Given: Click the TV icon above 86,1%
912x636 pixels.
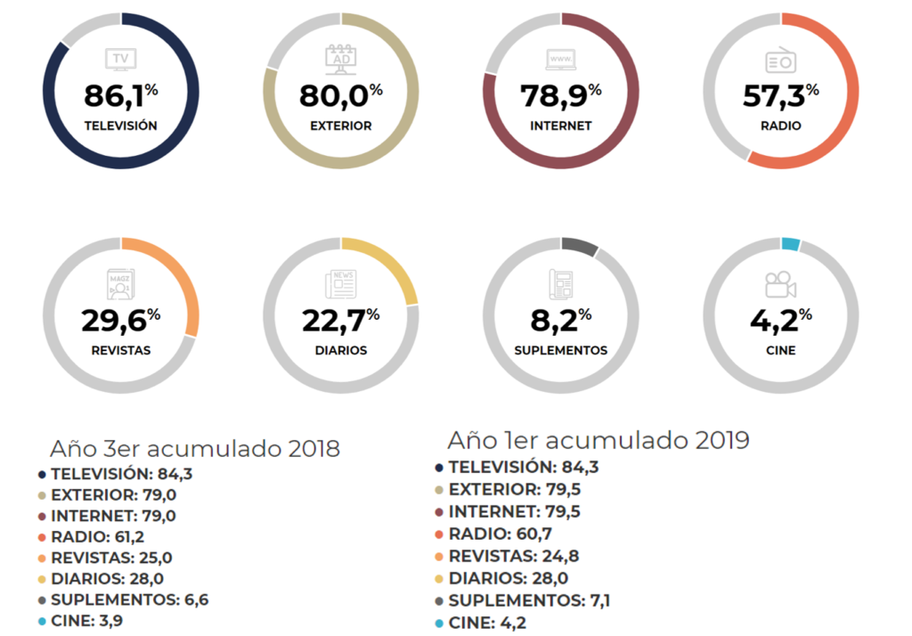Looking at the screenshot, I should [x=121, y=60].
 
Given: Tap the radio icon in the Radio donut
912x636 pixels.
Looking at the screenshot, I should [x=780, y=60].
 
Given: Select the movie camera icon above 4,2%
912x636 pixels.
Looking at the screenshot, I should [x=780, y=284].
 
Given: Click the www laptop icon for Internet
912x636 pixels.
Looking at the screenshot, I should [x=561, y=60].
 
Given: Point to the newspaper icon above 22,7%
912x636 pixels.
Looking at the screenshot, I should [x=340, y=284].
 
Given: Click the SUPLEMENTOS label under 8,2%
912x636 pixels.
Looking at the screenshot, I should [x=561, y=350].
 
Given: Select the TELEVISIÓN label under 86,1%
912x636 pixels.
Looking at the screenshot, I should [x=121, y=126].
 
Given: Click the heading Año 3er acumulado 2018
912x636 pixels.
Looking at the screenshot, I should [x=195, y=448].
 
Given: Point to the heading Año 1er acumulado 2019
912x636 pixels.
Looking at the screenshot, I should [x=598, y=440].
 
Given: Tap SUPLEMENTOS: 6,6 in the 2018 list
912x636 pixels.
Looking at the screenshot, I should [x=129, y=599].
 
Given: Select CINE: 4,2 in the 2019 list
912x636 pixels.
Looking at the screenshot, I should [x=487, y=623].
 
